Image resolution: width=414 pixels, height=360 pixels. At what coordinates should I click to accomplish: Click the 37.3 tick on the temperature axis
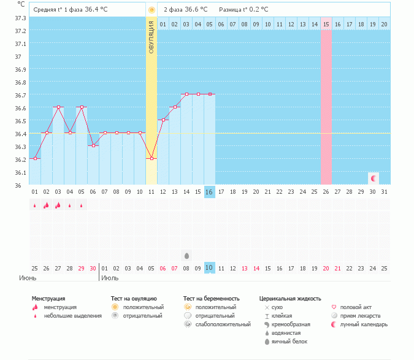(x=20, y=18)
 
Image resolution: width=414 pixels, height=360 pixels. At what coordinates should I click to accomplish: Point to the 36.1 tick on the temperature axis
(x=20, y=172)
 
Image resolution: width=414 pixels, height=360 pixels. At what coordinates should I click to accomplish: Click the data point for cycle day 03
(x=58, y=107)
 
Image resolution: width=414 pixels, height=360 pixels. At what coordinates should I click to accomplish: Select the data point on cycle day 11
(x=151, y=158)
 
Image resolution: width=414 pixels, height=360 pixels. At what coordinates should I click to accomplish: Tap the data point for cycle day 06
(x=93, y=145)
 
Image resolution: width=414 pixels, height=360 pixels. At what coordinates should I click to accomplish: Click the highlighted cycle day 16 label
(x=210, y=192)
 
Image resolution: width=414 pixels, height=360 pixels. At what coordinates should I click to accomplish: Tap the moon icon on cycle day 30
(x=373, y=178)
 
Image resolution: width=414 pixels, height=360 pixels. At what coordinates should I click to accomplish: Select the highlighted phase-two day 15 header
(x=326, y=24)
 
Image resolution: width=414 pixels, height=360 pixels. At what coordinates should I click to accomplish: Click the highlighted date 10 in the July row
(x=210, y=268)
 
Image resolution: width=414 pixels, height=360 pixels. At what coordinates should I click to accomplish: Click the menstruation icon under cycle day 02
(x=47, y=205)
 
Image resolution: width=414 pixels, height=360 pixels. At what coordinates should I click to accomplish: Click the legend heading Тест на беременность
(x=211, y=298)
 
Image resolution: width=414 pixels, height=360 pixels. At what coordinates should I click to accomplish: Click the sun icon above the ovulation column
(x=151, y=10)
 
